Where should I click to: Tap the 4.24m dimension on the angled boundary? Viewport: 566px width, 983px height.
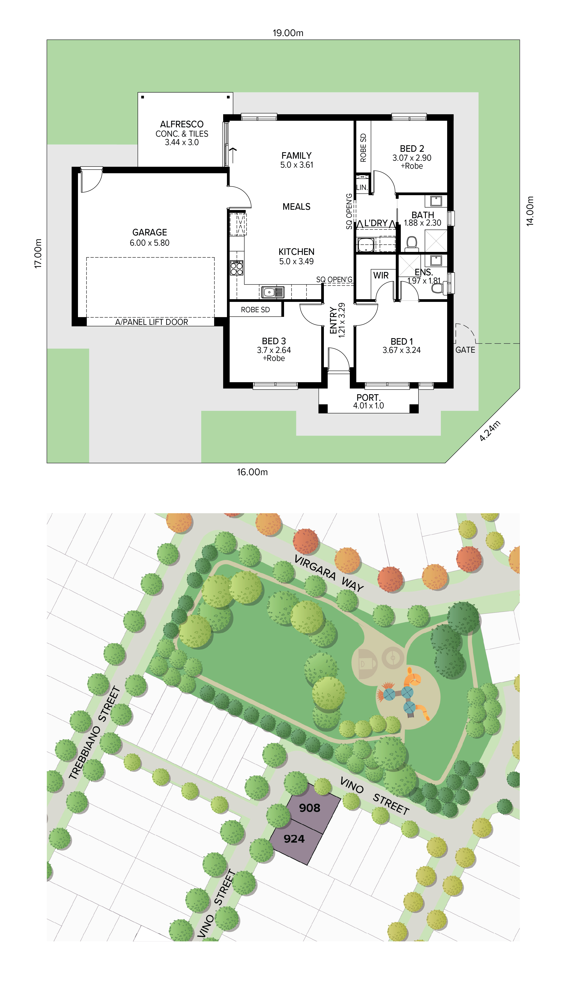(x=490, y=431)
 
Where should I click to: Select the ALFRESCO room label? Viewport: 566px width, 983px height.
(x=182, y=124)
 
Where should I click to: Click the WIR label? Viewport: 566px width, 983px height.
(x=381, y=275)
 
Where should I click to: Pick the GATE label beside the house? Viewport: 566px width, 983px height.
(x=465, y=350)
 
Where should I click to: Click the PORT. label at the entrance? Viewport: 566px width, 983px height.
(x=369, y=397)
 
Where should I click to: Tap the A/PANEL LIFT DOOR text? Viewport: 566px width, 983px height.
(x=152, y=322)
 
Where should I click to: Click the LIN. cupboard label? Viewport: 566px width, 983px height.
(x=362, y=187)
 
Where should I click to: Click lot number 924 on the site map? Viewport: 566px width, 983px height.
(x=294, y=839)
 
